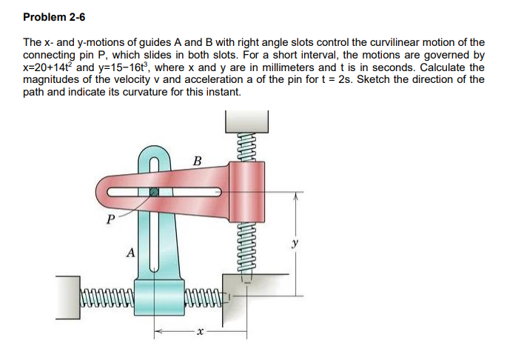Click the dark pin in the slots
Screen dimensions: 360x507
tap(153, 191)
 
